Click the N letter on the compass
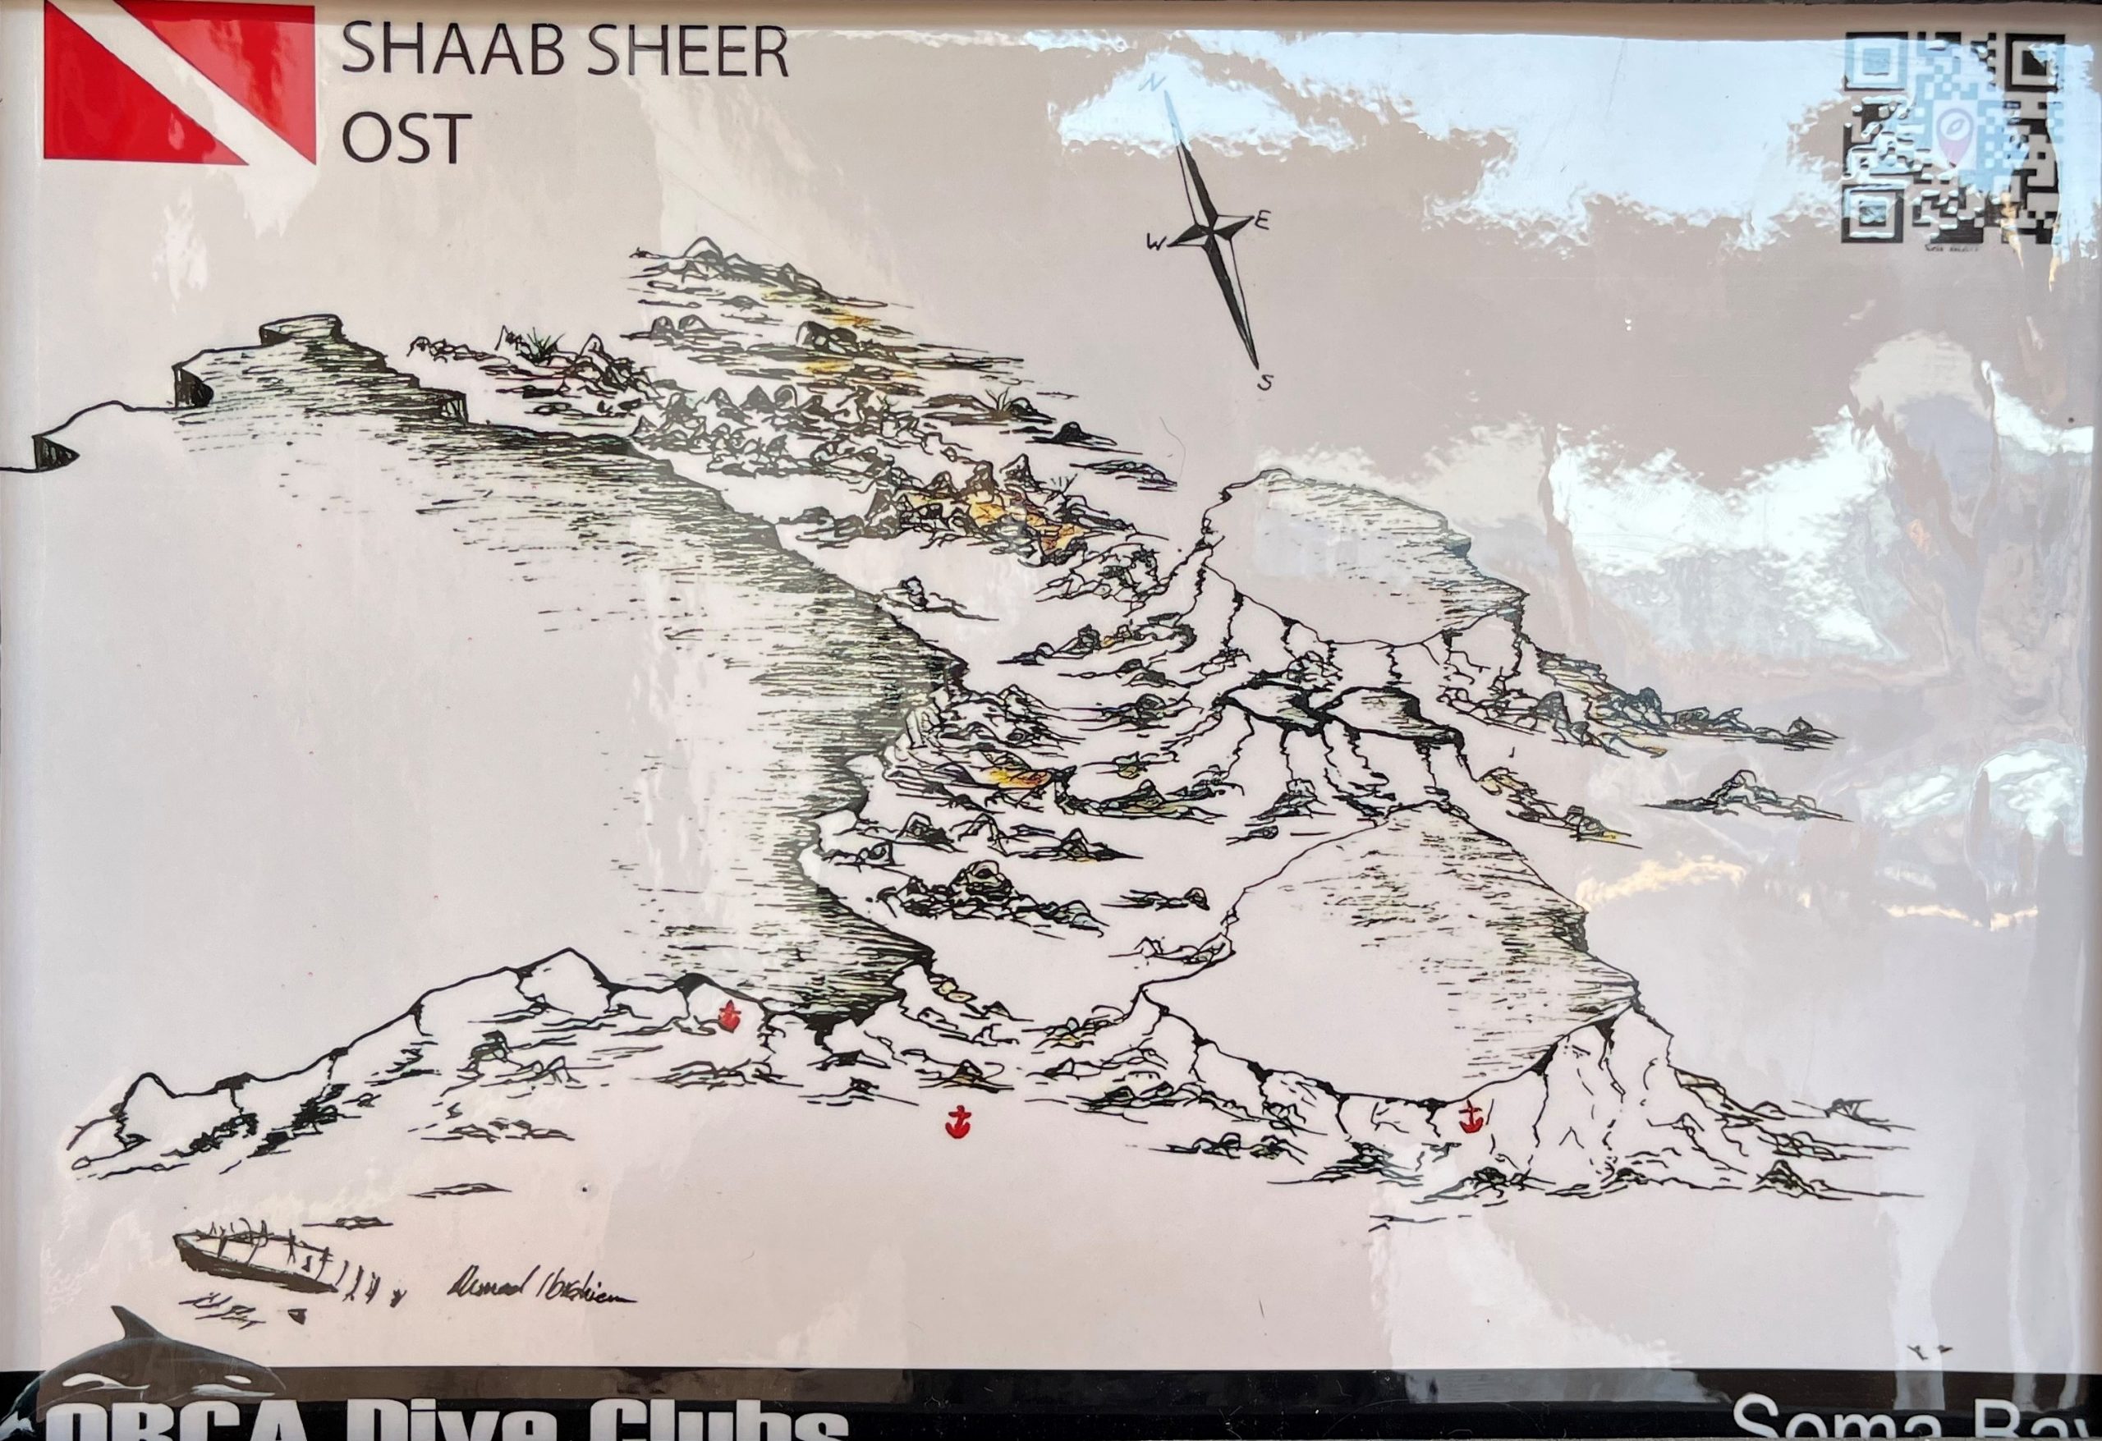click(1152, 83)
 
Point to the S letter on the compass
click(1265, 383)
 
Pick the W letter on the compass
click(1157, 242)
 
